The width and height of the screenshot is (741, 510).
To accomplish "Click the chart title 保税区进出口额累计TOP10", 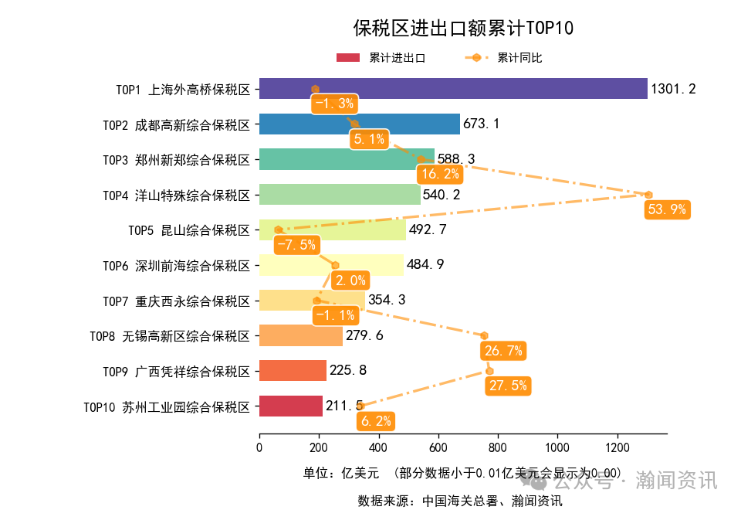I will (x=463, y=29).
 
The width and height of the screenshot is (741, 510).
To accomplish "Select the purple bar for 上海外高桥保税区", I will (x=453, y=89).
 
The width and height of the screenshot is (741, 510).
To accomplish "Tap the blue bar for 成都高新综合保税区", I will (x=359, y=124).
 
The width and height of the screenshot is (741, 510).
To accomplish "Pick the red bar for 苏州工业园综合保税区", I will (x=290, y=406).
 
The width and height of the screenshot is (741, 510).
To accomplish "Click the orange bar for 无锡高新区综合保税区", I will (x=300, y=335).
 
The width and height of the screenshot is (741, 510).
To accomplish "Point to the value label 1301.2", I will (x=673, y=90).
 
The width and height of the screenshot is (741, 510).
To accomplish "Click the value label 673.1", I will (x=482, y=124).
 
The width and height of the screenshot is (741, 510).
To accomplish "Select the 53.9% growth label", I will (x=666, y=209).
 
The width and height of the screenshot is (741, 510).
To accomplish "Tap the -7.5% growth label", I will (x=296, y=245).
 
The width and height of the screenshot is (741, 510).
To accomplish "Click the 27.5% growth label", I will (x=508, y=386).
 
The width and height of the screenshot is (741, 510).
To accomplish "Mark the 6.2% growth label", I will (x=375, y=421).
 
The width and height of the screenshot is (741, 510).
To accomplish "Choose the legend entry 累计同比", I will (x=519, y=58).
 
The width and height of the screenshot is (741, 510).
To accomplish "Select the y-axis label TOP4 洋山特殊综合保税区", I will (x=177, y=195).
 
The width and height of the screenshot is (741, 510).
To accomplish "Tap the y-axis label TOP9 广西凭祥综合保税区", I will (x=177, y=372).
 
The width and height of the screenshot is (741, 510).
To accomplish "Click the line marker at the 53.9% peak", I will (x=648, y=195).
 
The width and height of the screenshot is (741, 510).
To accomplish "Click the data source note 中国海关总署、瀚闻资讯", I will (x=459, y=500).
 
